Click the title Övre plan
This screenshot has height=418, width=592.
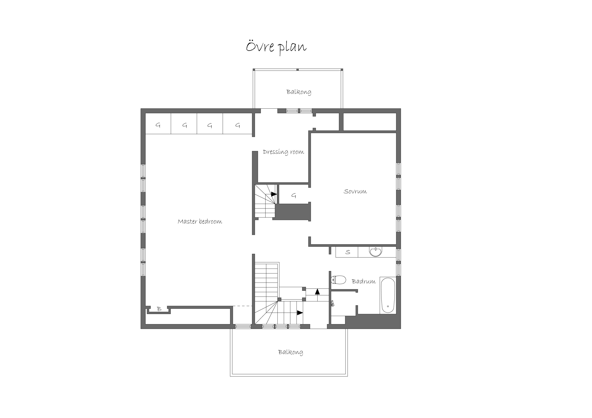pos(276,47)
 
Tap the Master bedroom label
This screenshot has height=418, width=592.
pos(200,221)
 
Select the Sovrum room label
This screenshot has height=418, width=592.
pos(355,191)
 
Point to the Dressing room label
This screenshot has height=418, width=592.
pos(283,152)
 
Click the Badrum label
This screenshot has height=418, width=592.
pos(364,281)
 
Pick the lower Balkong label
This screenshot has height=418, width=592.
pos(291,352)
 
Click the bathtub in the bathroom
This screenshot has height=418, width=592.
pos(388,295)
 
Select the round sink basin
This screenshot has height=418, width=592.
pos(376,252)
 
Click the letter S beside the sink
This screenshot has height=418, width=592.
pos(348,252)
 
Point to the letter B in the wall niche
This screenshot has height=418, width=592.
pos(159,309)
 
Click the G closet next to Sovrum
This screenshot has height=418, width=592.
pos(294,196)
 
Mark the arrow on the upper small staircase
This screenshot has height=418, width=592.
pos(274,194)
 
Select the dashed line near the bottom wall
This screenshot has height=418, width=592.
pos(242,306)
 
